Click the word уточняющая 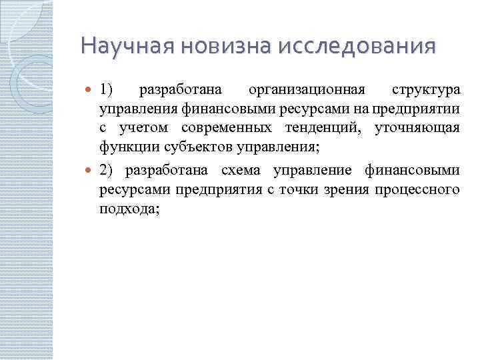(417, 127)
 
